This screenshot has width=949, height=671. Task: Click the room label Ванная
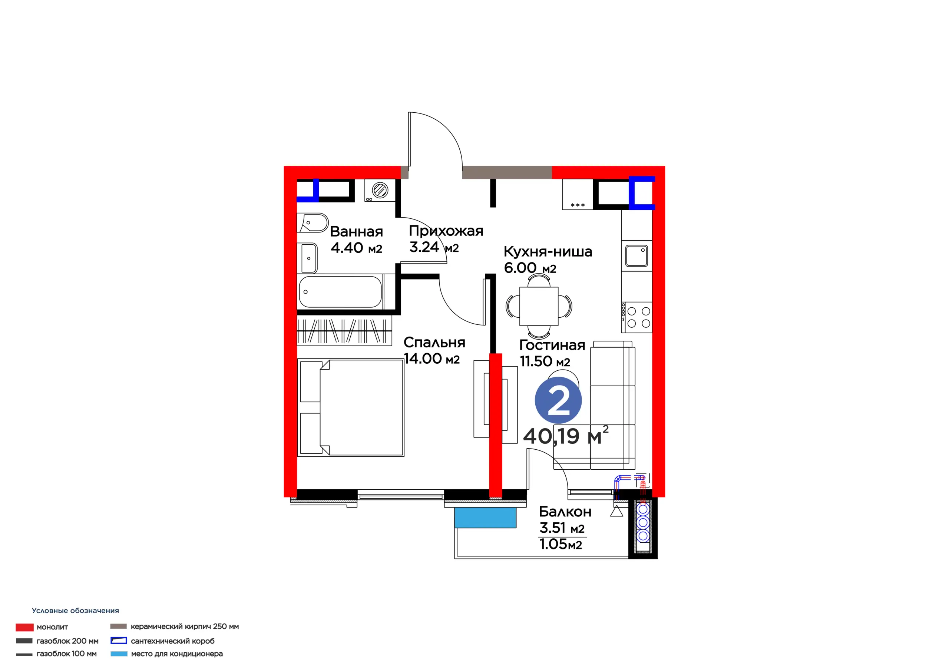(x=356, y=232)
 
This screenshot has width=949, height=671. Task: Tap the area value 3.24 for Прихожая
(x=424, y=247)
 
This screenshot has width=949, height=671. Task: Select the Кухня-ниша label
(x=548, y=251)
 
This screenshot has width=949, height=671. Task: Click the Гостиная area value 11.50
(x=536, y=361)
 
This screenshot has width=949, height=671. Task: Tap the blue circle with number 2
(x=558, y=400)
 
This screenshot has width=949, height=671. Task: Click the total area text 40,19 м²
(x=566, y=435)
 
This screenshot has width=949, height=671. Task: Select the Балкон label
(x=565, y=512)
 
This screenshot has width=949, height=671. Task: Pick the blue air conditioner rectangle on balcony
(x=485, y=518)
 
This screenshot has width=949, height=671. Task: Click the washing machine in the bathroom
(x=380, y=191)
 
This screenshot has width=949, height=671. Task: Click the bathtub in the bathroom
(x=340, y=292)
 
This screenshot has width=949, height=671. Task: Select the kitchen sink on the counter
(x=636, y=255)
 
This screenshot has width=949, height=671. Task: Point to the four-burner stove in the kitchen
(x=636, y=317)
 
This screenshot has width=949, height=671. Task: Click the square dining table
(x=539, y=306)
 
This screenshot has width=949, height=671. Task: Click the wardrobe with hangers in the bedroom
(x=344, y=331)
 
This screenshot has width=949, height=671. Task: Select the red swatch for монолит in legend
(x=24, y=628)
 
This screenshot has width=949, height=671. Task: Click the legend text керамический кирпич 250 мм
(x=185, y=627)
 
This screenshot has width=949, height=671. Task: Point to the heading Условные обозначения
(x=75, y=611)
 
